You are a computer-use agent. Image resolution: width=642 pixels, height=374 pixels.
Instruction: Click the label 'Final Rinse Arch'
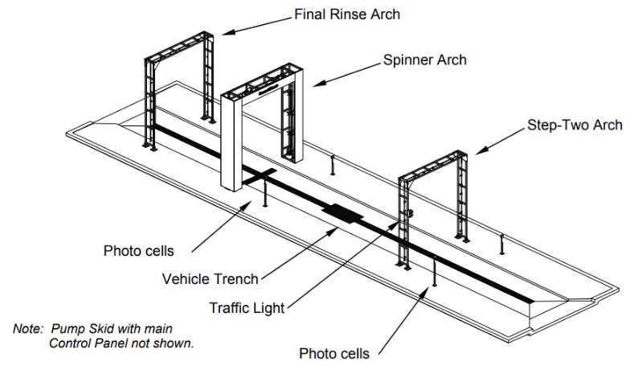[347, 14]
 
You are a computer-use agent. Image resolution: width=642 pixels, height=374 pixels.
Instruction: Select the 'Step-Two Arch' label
[575, 125]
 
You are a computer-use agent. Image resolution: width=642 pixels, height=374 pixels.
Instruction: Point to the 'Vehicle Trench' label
[211, 279]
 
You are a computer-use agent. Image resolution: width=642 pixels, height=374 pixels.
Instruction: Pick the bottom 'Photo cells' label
[333, 352]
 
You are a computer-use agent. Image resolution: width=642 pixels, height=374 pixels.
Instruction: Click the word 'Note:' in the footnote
[30, 330]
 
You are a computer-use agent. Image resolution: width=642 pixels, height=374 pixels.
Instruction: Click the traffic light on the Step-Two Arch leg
[410, 213]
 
